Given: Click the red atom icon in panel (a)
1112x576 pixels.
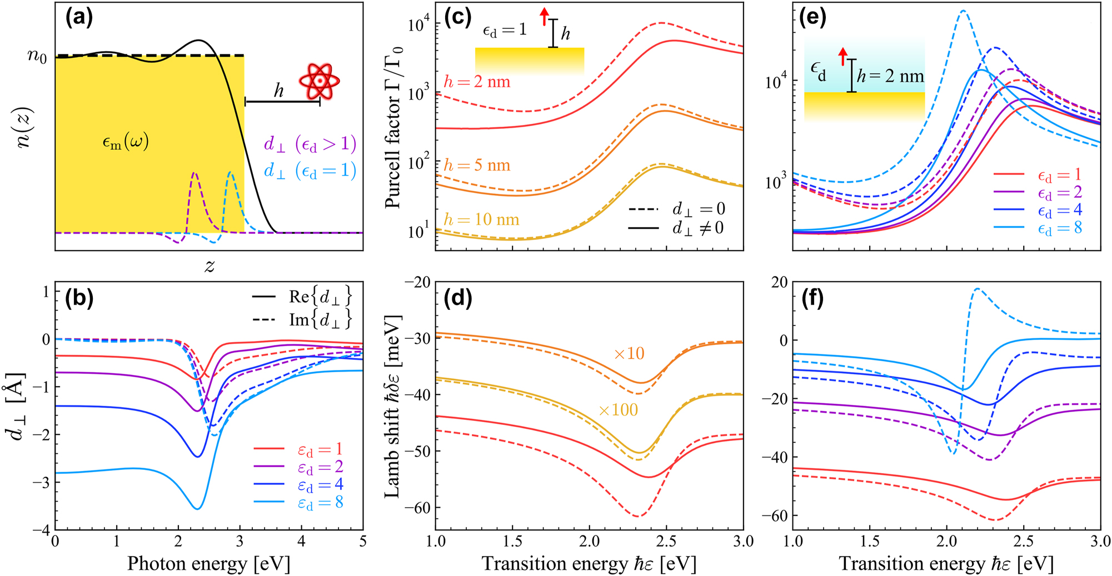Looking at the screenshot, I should tap(319, 81).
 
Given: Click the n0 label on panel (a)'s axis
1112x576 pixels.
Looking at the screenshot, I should tap(37, 57).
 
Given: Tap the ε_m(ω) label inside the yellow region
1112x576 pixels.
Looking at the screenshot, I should tap(126, 143).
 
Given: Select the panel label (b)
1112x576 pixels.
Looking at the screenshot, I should tap(79, 299).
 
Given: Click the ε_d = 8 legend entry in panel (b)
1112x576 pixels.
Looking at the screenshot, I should tap(320, 503).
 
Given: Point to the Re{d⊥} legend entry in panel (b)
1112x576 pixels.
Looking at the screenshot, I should tap(320, 297).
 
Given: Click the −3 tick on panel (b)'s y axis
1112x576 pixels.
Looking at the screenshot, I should tap(42, 482).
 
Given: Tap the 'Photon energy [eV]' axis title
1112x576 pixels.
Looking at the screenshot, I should tap(208, 564).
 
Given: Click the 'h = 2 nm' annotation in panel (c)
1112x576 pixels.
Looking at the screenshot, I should tap(477, 82).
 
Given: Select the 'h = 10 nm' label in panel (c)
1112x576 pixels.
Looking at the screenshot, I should tap(481, 220).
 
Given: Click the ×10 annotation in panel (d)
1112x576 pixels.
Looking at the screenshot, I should tap(629, 354).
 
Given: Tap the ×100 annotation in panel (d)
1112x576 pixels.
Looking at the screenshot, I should tap(618, 410).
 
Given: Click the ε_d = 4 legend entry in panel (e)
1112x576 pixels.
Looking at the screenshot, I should tap(1060, 211).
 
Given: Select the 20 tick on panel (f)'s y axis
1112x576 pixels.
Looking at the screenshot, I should tap(780, 282).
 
